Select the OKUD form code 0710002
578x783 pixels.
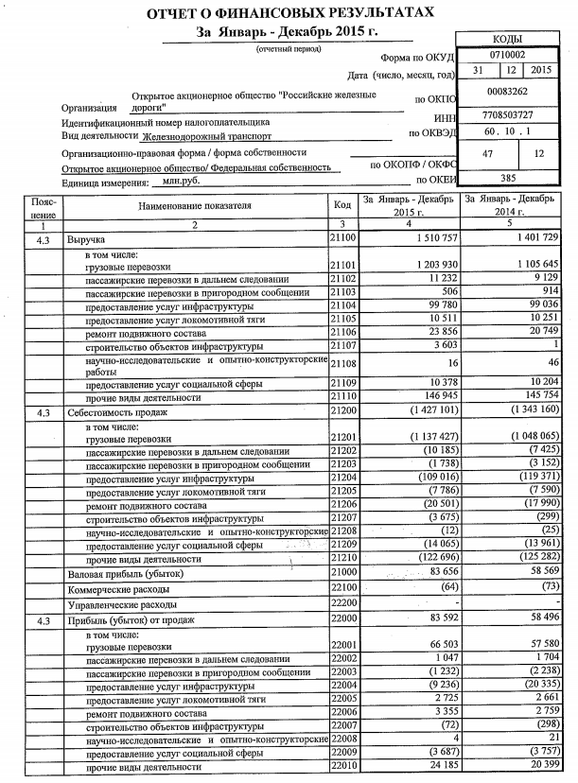[x=514, y=56]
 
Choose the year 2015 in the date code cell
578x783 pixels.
[x=542, y=71]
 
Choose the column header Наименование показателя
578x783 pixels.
[x=194, y=204]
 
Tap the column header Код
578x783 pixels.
[x=342, y=204]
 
